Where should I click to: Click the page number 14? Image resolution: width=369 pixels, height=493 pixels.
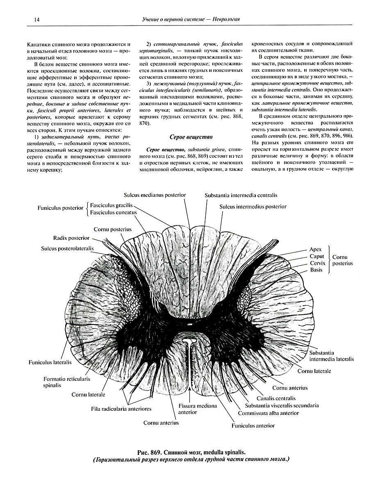pyautogui.click(x=25, y=19)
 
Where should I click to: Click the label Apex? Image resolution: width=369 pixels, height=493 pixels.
pyautogui.click(x=316, y=249)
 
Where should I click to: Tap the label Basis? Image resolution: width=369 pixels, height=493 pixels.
pyautogui.click(x=316, y=270)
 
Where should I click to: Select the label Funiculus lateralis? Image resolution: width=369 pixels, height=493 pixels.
pyautogui.click(x=50, y=362)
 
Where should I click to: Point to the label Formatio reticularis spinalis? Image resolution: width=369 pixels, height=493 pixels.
pyautogui.click(x=64, y=382)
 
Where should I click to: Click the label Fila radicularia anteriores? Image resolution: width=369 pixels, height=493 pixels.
pyautogui.click(x=121, y=409)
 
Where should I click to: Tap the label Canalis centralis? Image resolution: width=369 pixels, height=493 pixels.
pyautogui.click(x=276, y=398)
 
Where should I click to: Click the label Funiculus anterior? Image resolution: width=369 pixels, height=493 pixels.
pyautogui.click(x=253, y=426)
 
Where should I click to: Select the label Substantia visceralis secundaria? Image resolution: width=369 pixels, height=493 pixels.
pyautogui.click(x=282, y=405)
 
